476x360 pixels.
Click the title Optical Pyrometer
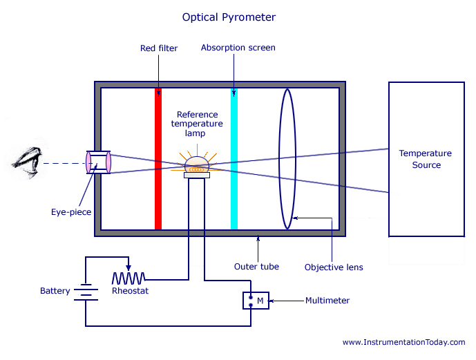coord(229,17)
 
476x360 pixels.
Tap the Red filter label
coord(159,48)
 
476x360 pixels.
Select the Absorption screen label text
coord(238,48)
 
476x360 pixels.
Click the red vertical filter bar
coord(158,159)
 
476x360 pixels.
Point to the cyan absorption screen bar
coord(234,159)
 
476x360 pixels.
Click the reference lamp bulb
coord(197,165)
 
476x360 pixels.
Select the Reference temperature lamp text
coord(197,124)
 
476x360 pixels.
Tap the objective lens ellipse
coord(279,159)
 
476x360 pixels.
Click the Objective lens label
coord(334,267)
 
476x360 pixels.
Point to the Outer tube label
coord(256,267)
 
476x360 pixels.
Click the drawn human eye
coord(28,162)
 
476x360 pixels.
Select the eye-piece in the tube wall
coord(98,162)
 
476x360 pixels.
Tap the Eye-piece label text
coord(71,212)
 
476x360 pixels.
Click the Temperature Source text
coord(426,159)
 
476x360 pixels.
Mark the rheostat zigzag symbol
coord(128,278)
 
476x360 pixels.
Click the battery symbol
coord(86,292)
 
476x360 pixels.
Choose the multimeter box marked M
coord(256,301)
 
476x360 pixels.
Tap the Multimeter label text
coord(327,301)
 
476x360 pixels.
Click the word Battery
coord(55,291)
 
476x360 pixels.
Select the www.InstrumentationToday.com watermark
coord(403,343)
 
